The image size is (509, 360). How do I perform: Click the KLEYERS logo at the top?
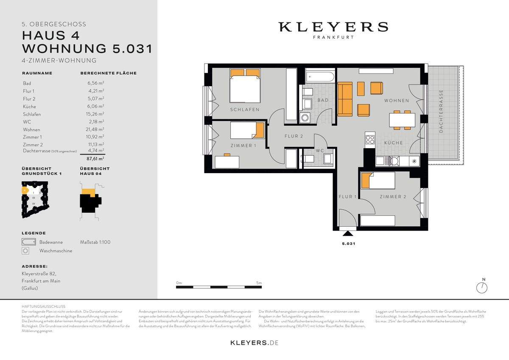[333, 27]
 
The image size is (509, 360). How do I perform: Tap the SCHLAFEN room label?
[245, 110]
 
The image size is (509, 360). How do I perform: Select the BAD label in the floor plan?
[323, 101]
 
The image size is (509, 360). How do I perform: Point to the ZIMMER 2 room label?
[393, 197]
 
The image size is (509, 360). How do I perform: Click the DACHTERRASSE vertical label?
[441, 111]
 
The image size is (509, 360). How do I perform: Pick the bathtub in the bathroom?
[320, 77]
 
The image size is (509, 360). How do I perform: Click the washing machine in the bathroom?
[305, 118]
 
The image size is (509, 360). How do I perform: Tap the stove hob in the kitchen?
[370, 139]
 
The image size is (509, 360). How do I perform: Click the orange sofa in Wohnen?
[345, 100]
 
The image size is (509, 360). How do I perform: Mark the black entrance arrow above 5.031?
[348, 233]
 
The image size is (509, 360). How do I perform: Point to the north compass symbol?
[482, 287]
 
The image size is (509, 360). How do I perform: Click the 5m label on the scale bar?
[259, 283]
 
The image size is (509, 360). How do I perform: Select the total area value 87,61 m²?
[95, 158]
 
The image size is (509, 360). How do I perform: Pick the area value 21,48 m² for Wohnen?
[95, 129]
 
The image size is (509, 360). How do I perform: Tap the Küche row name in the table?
[30, 107]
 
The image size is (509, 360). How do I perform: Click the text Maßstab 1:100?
[95, 242]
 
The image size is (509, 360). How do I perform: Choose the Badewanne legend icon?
[29, 242]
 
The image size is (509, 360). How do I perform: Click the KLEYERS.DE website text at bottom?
[254, 343]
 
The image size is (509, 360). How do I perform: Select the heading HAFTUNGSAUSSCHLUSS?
[43, 306]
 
